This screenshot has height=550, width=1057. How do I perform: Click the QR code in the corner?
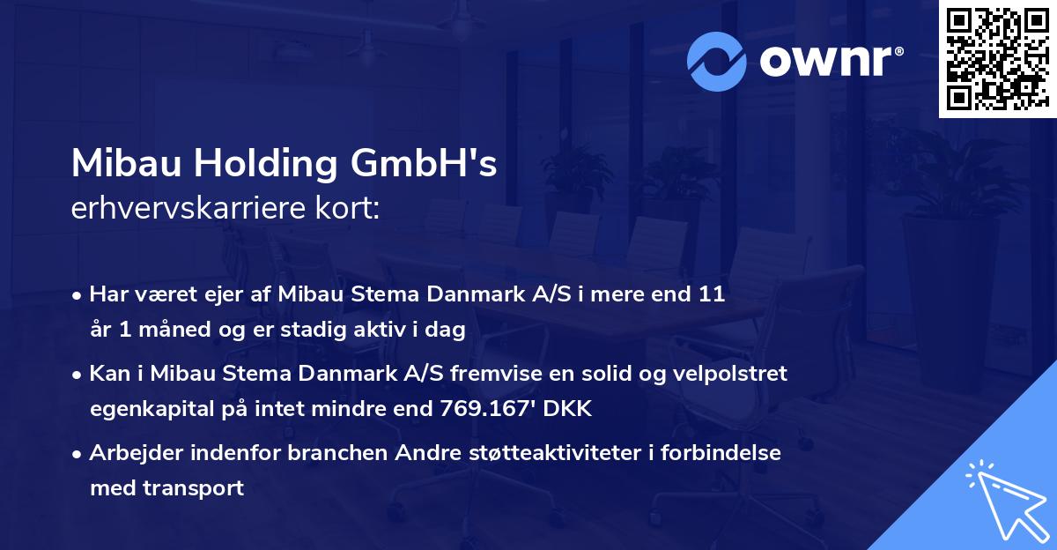[997, 58]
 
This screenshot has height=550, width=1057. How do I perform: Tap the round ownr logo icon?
[717, 61]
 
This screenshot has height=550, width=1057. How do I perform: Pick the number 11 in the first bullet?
[713, 294]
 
